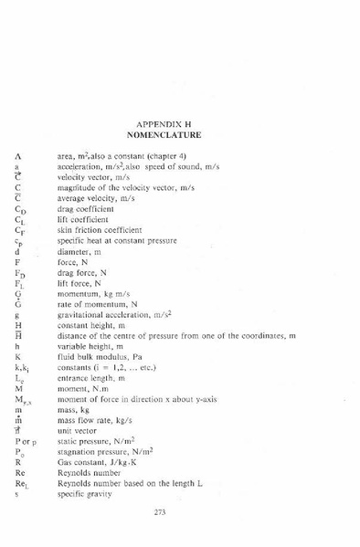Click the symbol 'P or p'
26,440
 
